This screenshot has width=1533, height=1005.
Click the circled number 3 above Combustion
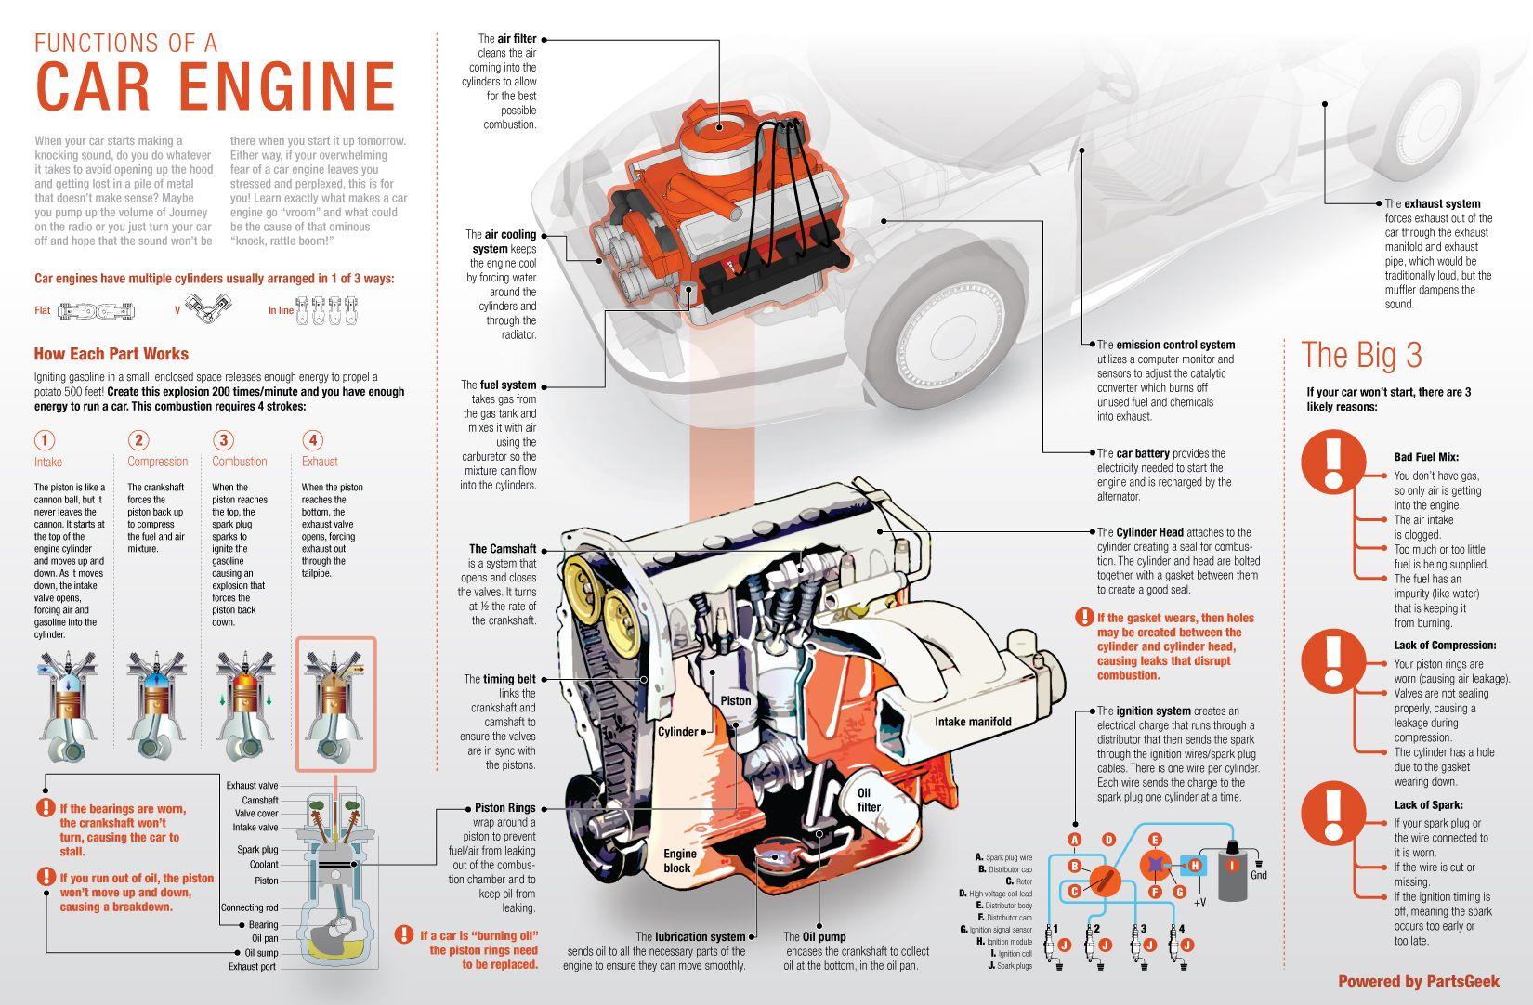tap(223, 440)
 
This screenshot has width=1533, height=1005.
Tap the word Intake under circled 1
tap(48, 462)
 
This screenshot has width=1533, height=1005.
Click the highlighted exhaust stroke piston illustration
tap(336, 704)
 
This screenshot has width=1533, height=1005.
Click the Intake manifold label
tap(973, 722)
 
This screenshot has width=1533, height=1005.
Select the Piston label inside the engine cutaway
tap(736, 700)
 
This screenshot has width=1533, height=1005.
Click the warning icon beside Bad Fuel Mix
tap(1333, 462)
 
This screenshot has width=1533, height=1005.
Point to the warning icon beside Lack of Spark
tap(1333, 813)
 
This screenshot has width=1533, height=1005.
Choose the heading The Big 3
tap(1361, 356)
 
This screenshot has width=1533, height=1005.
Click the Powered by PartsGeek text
tap(1419, 982)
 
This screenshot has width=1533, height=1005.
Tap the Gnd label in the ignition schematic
tap(1259, 875)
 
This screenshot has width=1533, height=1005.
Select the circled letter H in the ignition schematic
tap(1196, 866)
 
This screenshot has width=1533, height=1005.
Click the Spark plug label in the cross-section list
tap(257, 849)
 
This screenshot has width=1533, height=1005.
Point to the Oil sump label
tap(261, 953)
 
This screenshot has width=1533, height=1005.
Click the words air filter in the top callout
tap(518, 39)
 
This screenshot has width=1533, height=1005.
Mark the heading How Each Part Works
tap(111, 354)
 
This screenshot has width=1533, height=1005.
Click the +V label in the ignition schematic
tap(1199, 902)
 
